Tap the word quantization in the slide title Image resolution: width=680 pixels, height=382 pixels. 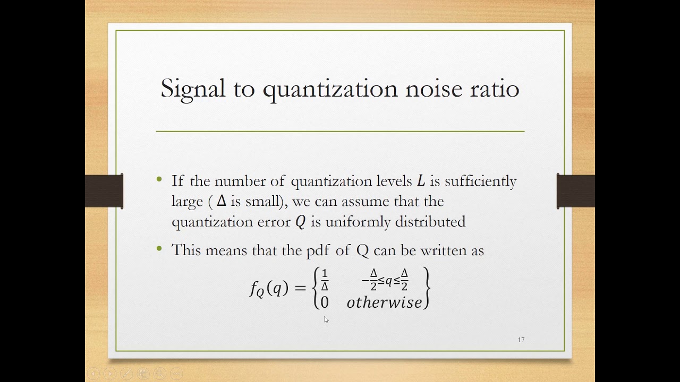(330, 89)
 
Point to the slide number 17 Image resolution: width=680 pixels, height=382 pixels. (521, 340)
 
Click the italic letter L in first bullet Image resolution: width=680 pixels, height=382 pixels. (421, 181)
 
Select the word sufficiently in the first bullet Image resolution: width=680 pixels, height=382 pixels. (480, 181)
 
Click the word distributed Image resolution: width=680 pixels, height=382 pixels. (430, 222)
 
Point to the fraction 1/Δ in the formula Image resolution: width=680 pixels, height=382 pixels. (325, 280)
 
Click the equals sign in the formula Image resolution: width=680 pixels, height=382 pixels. (300, 288)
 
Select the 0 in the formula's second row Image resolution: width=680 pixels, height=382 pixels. (324, 302)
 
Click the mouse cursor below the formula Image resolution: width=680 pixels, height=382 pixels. (326, 319)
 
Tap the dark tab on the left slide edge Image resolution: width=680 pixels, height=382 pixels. (105, 191)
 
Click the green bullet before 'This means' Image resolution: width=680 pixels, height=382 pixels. (159, 249)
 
